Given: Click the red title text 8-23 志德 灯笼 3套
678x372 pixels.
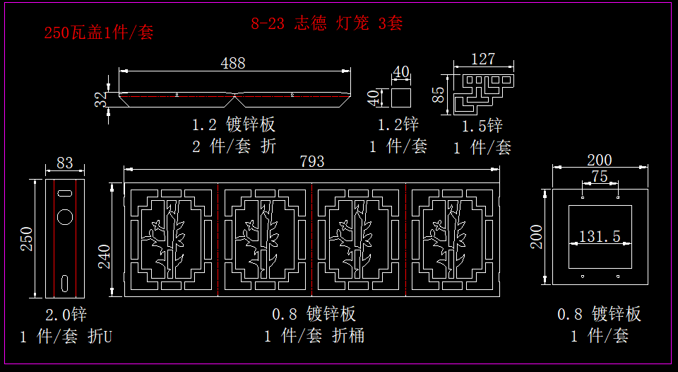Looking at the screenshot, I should click(327, 23).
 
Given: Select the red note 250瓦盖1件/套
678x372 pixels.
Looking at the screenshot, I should click(98, 33).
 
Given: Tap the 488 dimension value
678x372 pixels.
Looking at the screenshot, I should click(233, 63).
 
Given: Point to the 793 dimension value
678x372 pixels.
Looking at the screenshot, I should click(311, 161).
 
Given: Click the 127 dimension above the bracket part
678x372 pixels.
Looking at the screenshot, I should click(482, 59).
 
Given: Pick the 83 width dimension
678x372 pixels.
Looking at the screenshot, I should click(64, 163).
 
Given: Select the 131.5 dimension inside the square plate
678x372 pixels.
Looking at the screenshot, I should click(600, 236).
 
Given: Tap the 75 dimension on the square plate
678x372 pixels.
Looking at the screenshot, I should click(599, 177).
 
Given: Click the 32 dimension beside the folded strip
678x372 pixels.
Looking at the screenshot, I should click(102, 100).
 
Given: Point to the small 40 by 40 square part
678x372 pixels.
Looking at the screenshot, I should click(401, 97).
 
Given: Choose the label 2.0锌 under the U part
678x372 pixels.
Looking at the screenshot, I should click(66, 314).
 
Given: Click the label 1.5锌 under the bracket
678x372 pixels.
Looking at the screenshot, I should click(482, 127).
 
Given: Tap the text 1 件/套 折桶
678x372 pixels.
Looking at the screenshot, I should click(314, 336).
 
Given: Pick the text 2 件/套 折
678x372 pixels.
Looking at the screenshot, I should click(234, 146).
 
